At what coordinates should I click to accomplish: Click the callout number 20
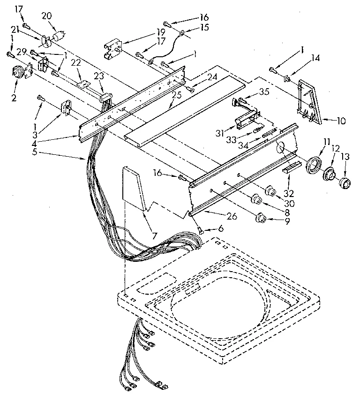click(x=46, y=15)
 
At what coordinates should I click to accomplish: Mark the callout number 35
click(x=265, y=92)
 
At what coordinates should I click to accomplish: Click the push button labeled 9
click(x=259, y=218)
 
